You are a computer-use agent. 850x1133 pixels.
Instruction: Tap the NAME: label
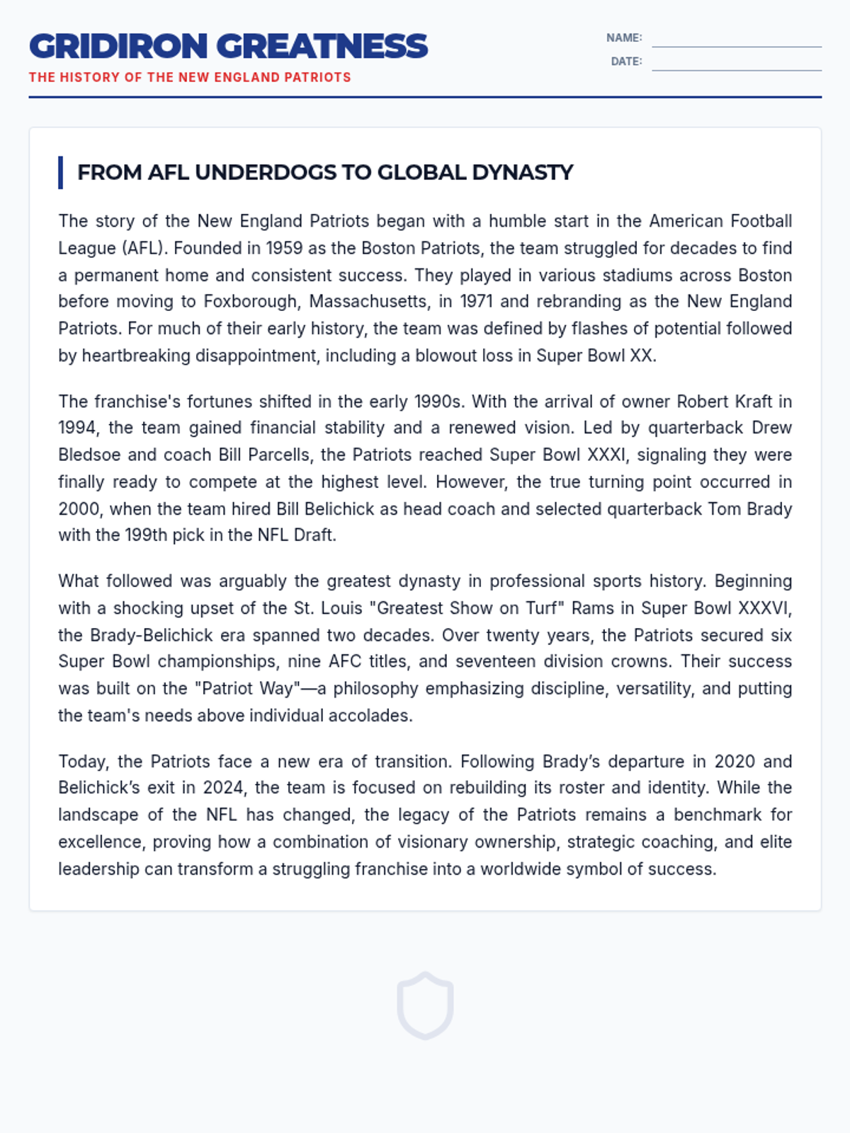623,38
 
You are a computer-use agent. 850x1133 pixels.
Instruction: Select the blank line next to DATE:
737,66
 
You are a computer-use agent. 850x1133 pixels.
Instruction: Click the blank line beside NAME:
737,42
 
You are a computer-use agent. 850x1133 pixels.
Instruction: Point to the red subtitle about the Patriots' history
190,77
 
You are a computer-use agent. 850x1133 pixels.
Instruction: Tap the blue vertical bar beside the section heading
61,173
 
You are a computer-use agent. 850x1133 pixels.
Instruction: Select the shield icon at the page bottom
425,1006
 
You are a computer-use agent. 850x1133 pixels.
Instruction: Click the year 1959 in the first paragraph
283,249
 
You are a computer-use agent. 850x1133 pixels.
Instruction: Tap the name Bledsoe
90,455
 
